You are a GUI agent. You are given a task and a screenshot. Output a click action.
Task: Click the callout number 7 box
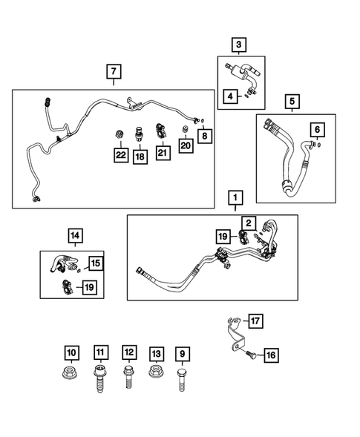click(x=113, y=72)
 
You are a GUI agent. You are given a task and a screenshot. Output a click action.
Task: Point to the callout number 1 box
click(x=235, y=198)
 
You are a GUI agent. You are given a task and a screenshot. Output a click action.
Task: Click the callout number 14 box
click(x=75, y=237)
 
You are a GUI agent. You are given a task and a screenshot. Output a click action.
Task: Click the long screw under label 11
click(x=99, y=378)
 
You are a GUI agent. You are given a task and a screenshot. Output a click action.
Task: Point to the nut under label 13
click(x=156, y=373)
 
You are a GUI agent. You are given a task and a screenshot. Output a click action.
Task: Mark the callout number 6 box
click(x=318, y=131)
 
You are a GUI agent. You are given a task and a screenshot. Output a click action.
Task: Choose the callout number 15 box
click(x=94, y=263)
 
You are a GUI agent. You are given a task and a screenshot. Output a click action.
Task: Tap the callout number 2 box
click(x=248, y=221)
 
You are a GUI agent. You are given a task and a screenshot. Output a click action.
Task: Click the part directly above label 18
click(x=140, y=135)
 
